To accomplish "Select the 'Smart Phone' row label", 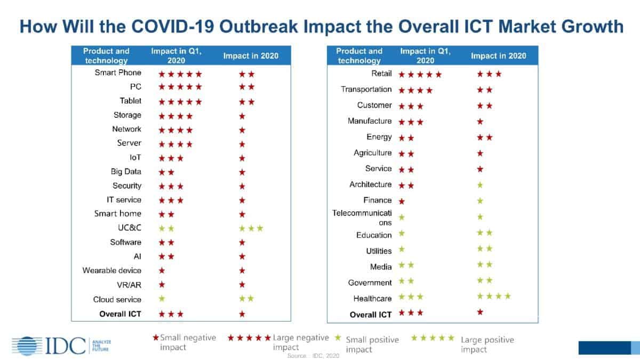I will (x=118, y=73).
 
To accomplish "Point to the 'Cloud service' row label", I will (x=117, y=299).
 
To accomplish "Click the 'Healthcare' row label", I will (x=372, y=298).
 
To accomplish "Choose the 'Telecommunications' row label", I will (x=362, y=218).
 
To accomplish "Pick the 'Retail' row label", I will (x=381, y=74).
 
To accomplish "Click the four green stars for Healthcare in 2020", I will (x=494, y=296).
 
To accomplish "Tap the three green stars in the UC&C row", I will (x=251, y=228).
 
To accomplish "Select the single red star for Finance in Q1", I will (x=402, y=201).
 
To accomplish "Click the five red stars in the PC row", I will (x=180, y=87).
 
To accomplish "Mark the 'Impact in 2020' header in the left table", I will (x=251, y=55).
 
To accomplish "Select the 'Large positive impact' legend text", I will (x=487, y=345).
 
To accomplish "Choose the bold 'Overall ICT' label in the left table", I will (x=120, y=314).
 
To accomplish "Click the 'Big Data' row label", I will (x=125, y=172).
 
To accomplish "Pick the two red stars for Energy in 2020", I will (x=485, y=138).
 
